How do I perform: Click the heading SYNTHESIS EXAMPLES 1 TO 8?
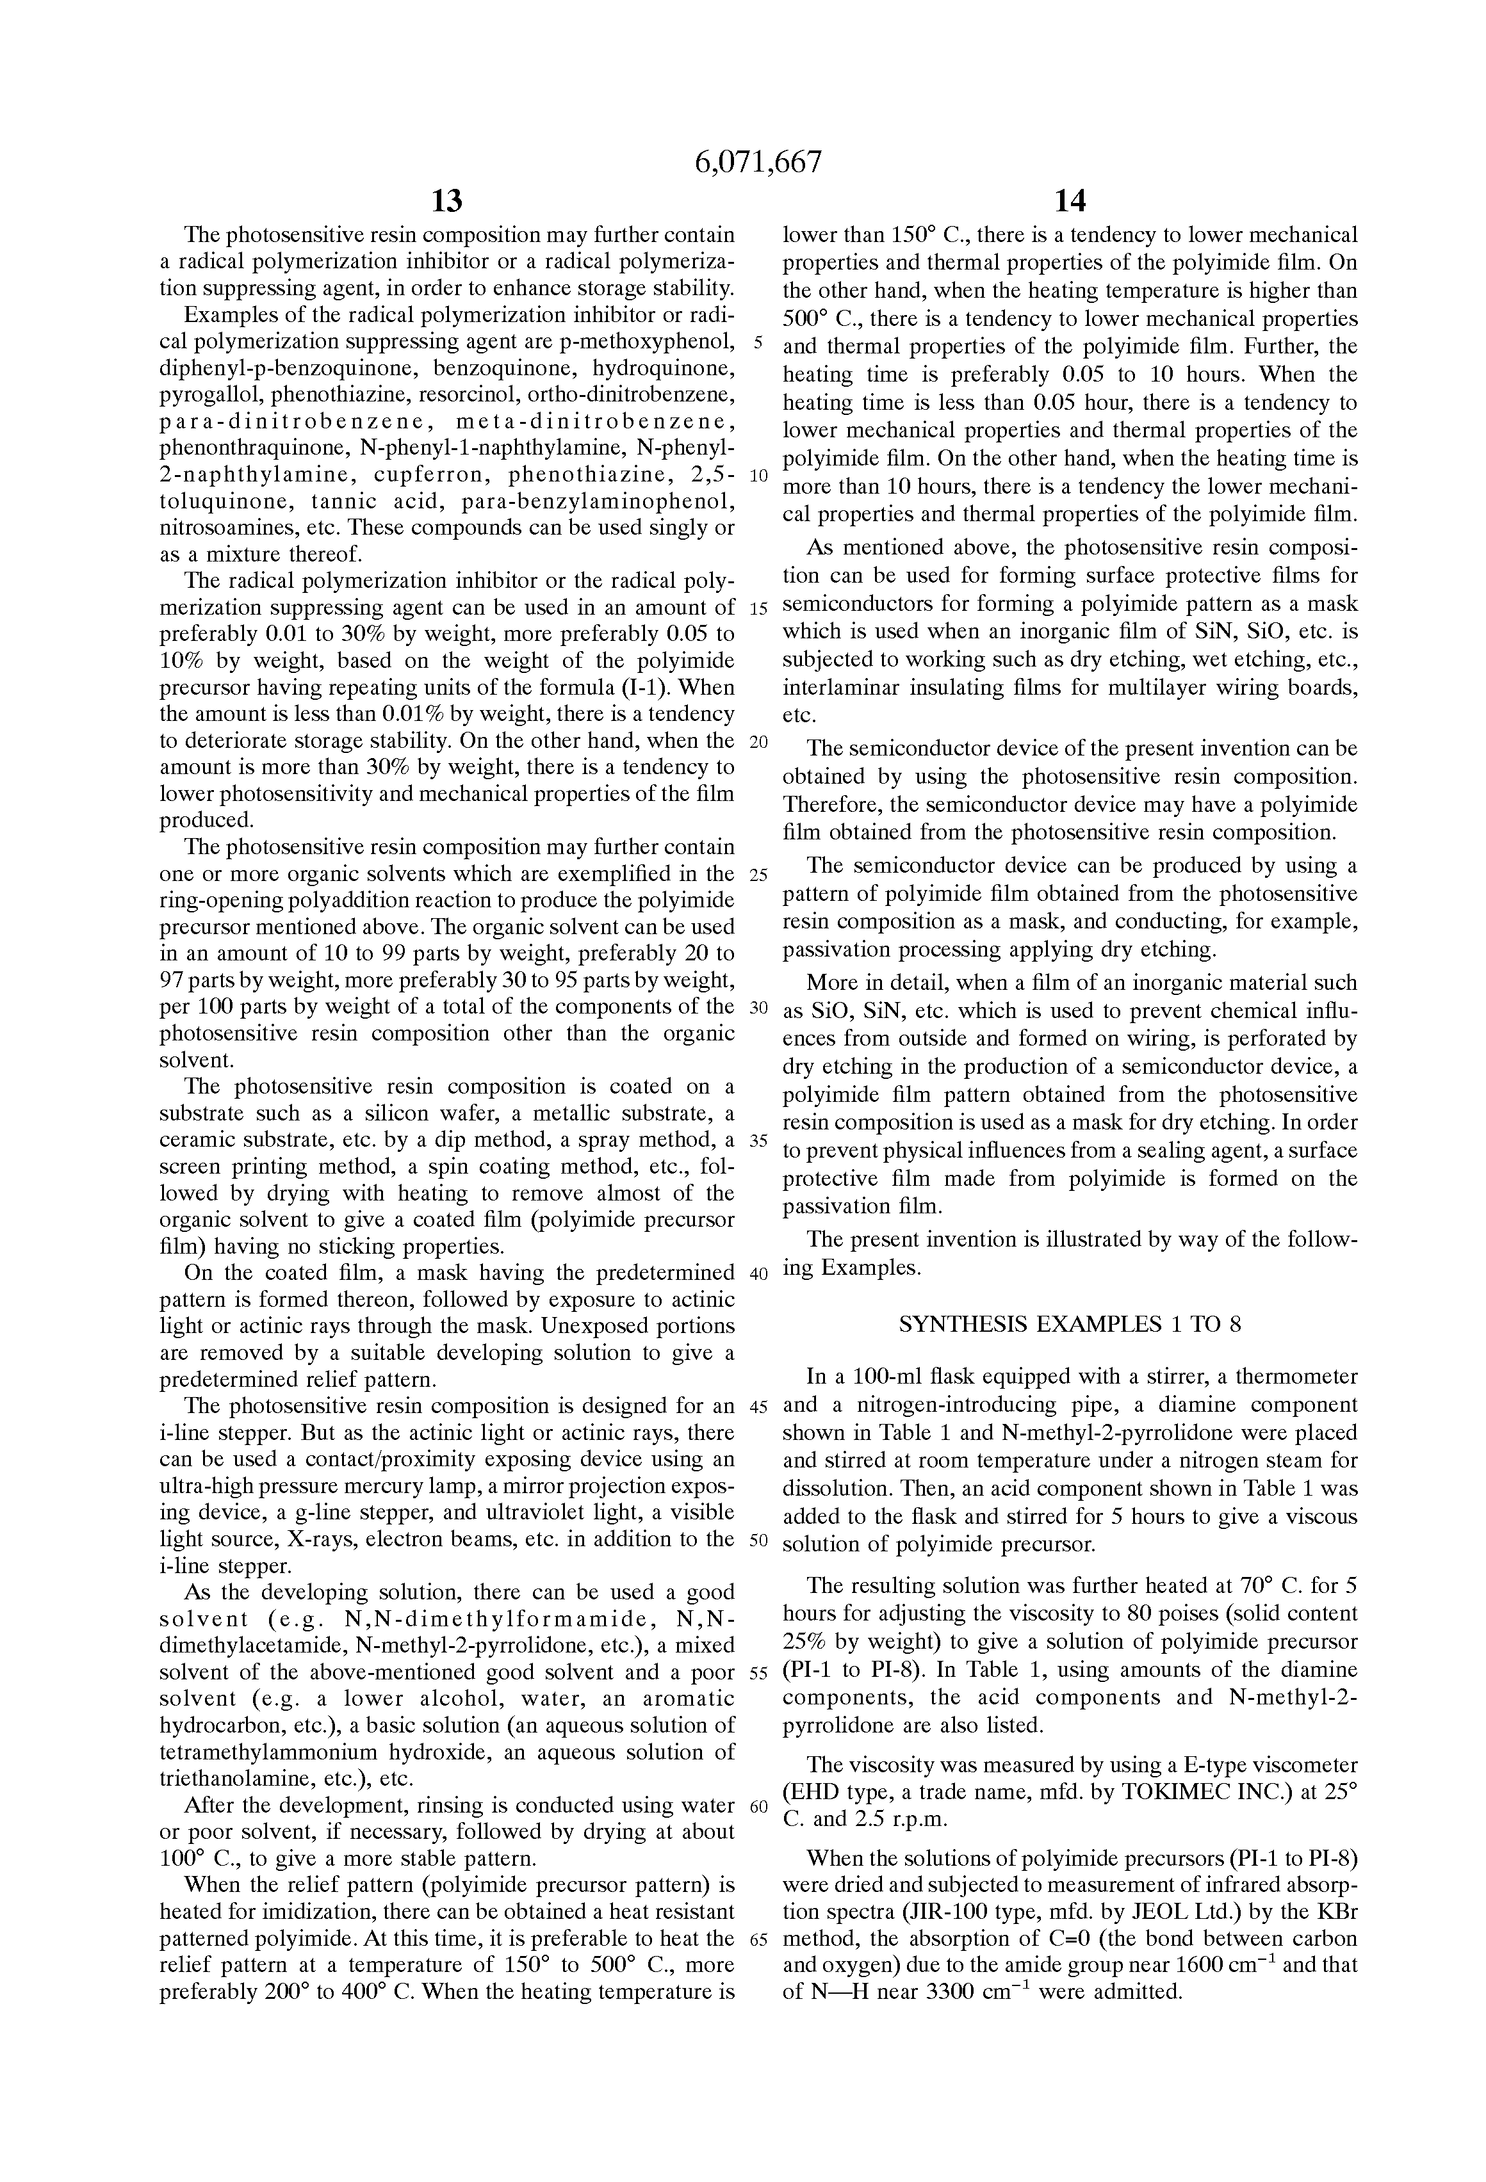pos(1070,1325)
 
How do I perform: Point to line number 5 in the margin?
pos(758,342)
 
